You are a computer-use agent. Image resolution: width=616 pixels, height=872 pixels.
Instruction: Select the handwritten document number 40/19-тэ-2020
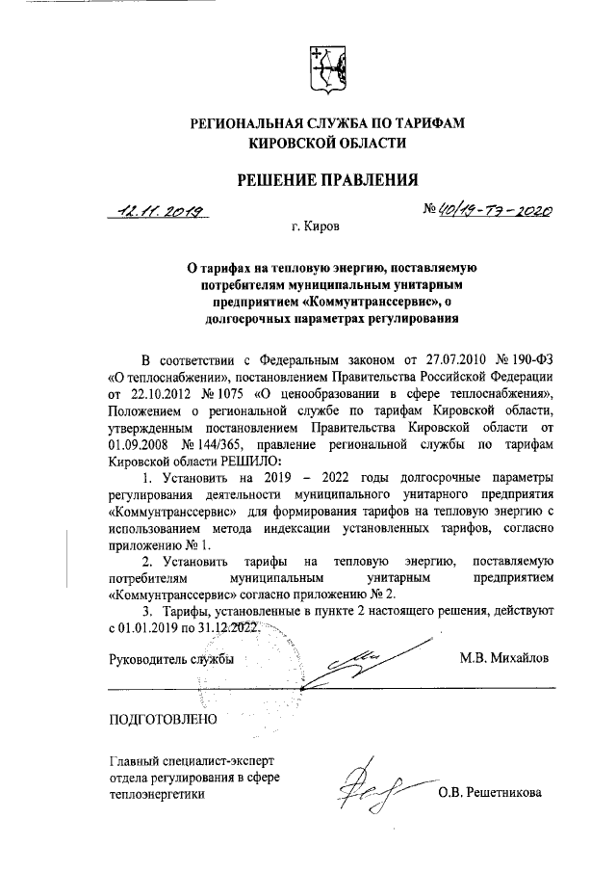tap(491, 210)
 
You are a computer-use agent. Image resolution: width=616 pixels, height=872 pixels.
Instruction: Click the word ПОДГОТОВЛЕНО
tap(163, 719)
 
